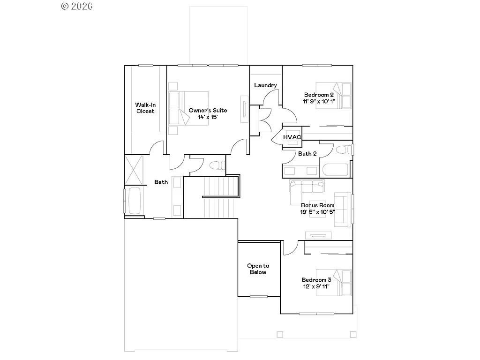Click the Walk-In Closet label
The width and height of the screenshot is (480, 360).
point(145,108)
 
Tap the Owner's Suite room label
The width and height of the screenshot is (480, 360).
point(208,111)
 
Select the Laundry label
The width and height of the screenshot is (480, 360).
point(265,85)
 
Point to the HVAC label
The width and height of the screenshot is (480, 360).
point(292,137)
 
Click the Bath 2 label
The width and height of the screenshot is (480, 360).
point(307,153)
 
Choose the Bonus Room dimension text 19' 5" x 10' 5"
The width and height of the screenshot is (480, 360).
point(318,212)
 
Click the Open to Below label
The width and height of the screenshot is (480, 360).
point(258,269)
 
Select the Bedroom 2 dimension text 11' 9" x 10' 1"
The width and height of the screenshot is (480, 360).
point(319,101)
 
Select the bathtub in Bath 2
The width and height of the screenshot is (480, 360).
point(335,169)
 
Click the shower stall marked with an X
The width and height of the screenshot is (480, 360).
point(134,170)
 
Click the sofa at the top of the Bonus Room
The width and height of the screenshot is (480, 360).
point(307,186)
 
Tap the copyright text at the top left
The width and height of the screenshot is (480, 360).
point(76,6)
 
